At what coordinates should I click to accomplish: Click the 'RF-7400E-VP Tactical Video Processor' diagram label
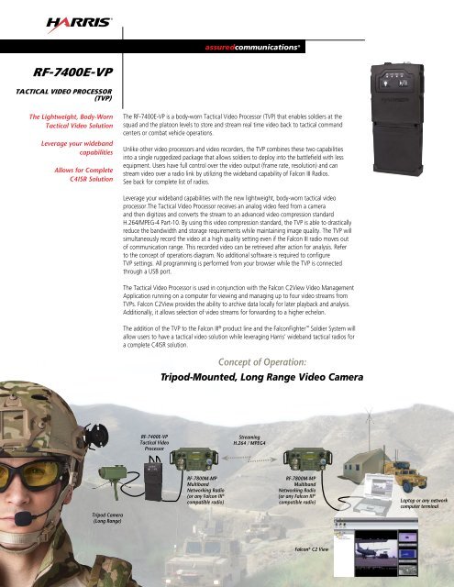point(155,444)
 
